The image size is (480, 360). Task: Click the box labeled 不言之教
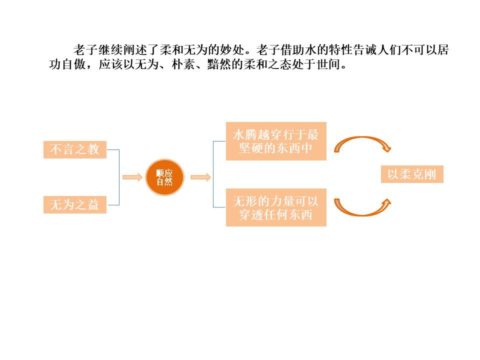(75, 149)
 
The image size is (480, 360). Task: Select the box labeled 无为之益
(75, 204)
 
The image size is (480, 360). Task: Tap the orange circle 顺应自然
(164, 177)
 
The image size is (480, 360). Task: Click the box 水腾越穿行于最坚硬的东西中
(276, 141)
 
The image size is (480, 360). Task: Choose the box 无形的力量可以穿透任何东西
(276, 207)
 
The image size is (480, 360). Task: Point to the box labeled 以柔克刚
(412, 174)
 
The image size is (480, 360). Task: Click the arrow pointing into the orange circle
(132, 177)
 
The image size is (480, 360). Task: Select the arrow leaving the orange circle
(200, 177)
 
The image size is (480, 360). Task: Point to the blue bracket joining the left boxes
(118, 177)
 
